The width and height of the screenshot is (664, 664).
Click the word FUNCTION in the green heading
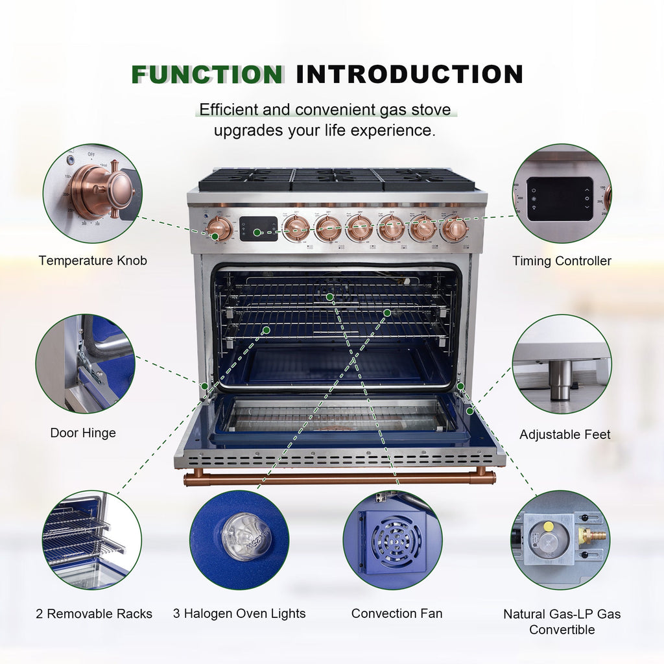click(x=207, y=75)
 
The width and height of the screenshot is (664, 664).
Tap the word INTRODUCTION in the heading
click(x=410, y=75)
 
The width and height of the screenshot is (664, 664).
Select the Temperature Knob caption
click(x=93, y=261)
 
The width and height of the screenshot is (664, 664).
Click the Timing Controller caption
click(x=562, y=261)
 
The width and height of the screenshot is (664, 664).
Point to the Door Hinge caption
click(x=83, y=433)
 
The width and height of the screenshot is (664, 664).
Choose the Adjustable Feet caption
click(x=565, y=434)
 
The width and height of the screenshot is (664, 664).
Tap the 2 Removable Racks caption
click(x=94, y=613)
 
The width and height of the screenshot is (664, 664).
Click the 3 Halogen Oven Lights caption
click(x=239, y=613)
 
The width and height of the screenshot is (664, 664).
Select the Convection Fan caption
click(x=397, y=613)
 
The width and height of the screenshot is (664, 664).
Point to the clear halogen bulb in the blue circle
click(x=241, y=536)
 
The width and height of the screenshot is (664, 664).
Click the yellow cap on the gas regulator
click(x=548, y=527)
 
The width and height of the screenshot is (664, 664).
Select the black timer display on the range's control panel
click(x=258, y=229)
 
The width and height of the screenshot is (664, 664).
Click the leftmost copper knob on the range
click(x=219, y=228)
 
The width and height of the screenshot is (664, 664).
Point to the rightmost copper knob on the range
click(x=455, y=229)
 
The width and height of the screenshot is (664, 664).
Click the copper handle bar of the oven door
click(x=340, y=478)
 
